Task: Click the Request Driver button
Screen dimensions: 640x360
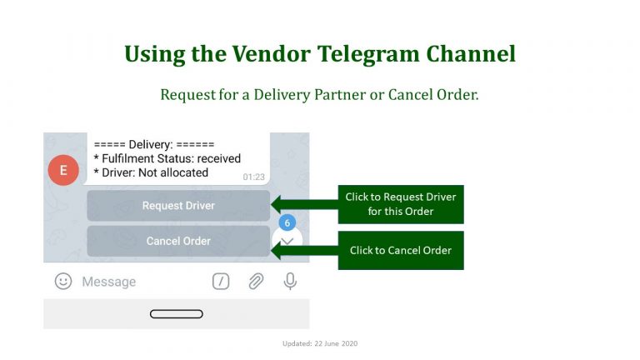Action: [178, 205]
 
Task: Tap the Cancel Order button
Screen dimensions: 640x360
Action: [178, 241]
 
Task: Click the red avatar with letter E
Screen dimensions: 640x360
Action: [63, 170]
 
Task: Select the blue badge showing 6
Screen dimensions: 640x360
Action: [287, 222]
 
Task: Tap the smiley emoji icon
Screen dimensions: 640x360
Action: [63, 281]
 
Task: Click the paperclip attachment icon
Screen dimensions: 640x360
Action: [256, 281]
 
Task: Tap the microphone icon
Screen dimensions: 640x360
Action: [290, 281]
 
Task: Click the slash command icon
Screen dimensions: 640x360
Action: [221, 281]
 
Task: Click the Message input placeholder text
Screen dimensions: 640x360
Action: [109, 282]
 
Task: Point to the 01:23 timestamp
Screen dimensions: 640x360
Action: [254, 177]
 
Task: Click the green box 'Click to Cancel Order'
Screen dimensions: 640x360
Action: [401, 250]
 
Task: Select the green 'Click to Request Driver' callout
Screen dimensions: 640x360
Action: [401, 204]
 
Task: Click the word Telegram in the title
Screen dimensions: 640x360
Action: [368, 54]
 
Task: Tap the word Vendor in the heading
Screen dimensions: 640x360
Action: [272, 53]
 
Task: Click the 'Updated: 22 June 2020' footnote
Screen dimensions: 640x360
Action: [320, 343]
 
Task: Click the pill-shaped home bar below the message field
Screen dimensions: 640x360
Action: [177, 314]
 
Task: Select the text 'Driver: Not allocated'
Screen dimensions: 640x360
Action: [155, 172]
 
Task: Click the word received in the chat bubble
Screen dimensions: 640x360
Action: [219, 158]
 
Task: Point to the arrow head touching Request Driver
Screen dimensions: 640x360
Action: [277, 204]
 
